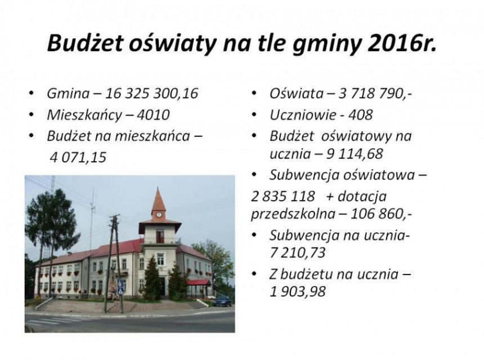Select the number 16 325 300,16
coord(151,93)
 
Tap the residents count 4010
coord(153,115)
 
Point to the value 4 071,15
coord(78,157)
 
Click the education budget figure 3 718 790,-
coord(375,93)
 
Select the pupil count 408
coord(360,115)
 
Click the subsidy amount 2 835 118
coord(283,196)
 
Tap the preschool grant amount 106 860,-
coord(381,214)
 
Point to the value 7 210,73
coord(298,253)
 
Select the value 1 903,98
coord(298,291)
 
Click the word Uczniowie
coord(303,115)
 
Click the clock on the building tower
coord(159,214)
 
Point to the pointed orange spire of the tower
coord(158,199)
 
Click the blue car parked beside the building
coord(222,301)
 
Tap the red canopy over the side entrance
coord(198,282)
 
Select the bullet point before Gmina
coord(31,93)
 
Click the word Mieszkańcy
coord(84,115)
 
